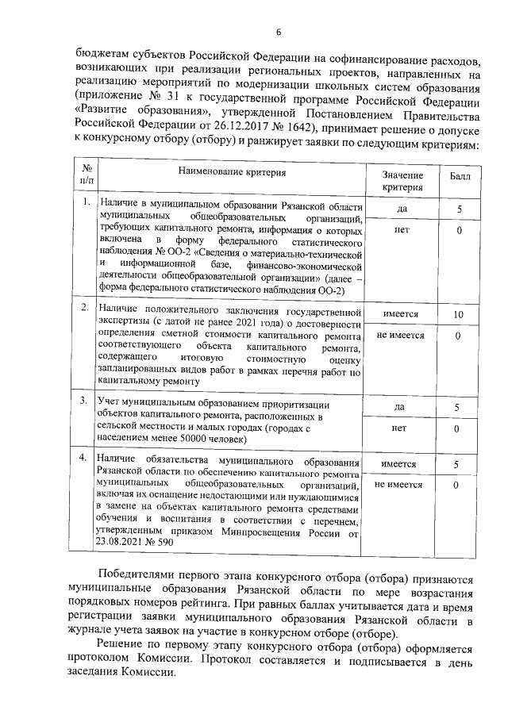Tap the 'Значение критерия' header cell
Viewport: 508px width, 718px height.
pos(402,181)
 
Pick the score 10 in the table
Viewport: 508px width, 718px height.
pos(456,315)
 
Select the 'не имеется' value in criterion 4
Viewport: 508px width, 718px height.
pos(400,485)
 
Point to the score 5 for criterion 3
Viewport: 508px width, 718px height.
pos(456,408)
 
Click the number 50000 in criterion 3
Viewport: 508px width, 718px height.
pos(210,437)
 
